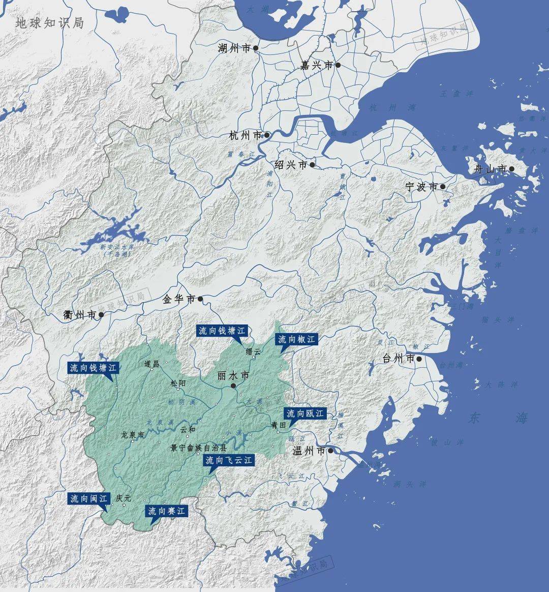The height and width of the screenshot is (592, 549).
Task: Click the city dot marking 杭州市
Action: (267, 135)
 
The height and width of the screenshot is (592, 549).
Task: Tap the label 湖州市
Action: (234, 48)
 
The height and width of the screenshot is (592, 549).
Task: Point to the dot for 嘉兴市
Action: (338, 65)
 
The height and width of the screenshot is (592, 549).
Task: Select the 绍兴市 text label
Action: (291, 165)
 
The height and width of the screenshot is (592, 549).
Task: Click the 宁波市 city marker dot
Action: (443, 187)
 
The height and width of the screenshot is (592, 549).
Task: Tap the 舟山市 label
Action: (490, 169)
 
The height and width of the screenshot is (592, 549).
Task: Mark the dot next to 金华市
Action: (200, 299)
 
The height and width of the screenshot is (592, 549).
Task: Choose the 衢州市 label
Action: (80, 315)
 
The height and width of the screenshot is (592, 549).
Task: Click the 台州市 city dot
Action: (419, 359)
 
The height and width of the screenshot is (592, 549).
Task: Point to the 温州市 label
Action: (309, 451)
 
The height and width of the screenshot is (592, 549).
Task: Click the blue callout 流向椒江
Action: (296, 339)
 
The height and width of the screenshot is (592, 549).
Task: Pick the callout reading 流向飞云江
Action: (228, 461)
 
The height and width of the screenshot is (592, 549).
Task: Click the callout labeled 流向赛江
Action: (167, 511)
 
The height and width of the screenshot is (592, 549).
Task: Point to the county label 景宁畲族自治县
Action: (199, 449)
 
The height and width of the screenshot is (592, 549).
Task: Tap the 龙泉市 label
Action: (133, 435)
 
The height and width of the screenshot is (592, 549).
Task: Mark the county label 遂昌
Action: (152, 364)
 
